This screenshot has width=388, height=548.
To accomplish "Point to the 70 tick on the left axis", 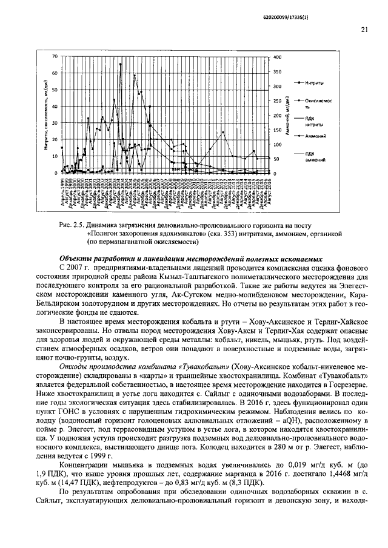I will click(x=54, y=57).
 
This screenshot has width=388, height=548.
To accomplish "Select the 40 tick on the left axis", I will click(x=54, y=107).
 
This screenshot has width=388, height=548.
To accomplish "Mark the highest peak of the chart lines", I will click(x=120, y=64).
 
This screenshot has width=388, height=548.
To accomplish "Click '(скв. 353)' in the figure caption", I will click(x=226, y=233).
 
